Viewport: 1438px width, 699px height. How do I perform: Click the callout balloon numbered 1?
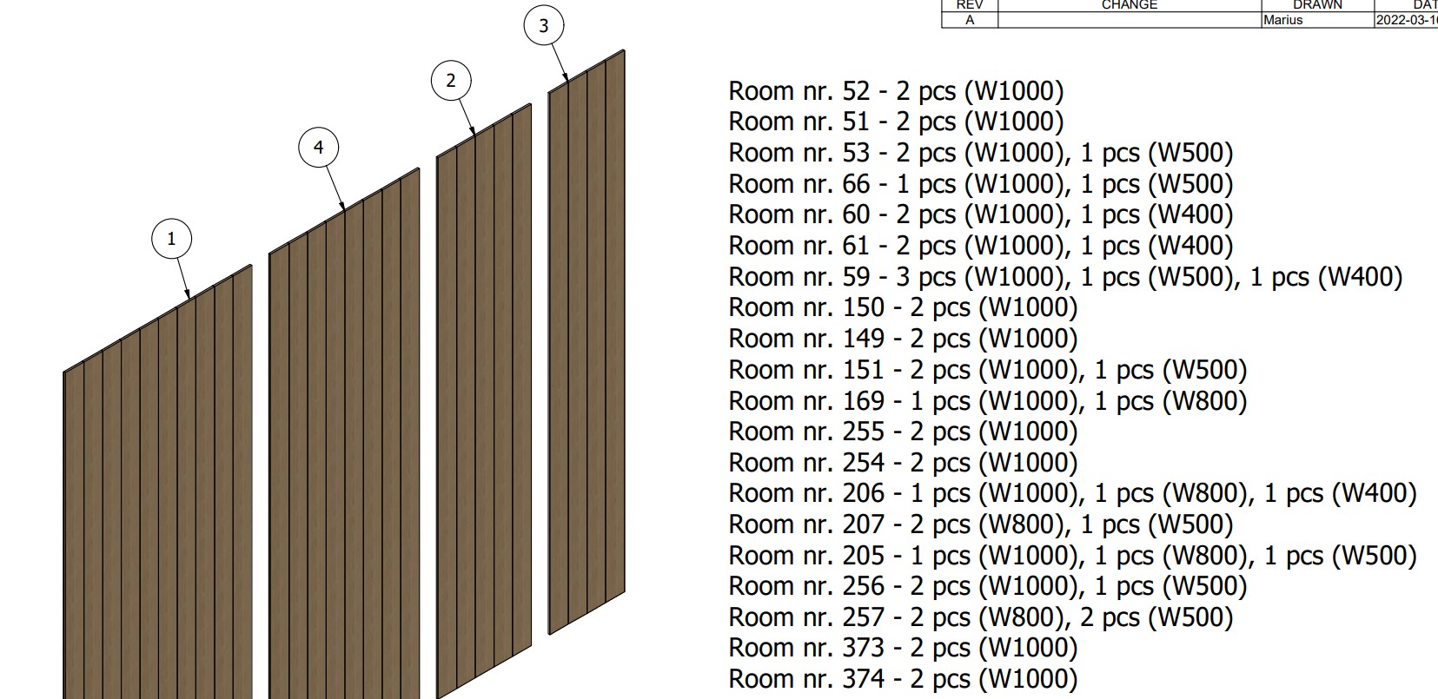click(171, 239)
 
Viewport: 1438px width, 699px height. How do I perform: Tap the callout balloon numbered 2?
click(451, 81)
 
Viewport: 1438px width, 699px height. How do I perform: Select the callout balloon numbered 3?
click(544, 26)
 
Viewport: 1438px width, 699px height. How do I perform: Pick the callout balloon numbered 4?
click(318, 148)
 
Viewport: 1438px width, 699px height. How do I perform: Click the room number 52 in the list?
click(856, 92)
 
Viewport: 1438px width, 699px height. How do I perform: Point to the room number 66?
click(856, 185)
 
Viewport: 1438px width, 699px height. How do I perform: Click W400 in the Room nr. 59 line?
click(1360, 277)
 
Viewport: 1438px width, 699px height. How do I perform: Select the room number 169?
click(864, 401)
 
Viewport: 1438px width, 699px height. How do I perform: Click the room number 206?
click(864, 494)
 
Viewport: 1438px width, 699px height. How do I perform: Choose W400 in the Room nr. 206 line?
click(1374, 494)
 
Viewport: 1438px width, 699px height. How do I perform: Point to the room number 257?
click(864, 617)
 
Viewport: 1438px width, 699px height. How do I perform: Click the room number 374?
click(864, 679)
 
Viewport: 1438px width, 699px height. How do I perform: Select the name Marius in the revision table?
click(1282, 20)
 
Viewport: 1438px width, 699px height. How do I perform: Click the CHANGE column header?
click(1130, 4)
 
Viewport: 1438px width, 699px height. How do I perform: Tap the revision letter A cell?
click(970, 20)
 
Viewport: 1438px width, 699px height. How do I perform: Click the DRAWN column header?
click(1317, 4)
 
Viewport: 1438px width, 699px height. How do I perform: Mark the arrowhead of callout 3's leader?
click(566, 77)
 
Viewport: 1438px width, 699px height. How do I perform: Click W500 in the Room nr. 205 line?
click(1374, 556)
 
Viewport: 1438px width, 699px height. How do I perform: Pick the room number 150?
click(864, 307)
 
